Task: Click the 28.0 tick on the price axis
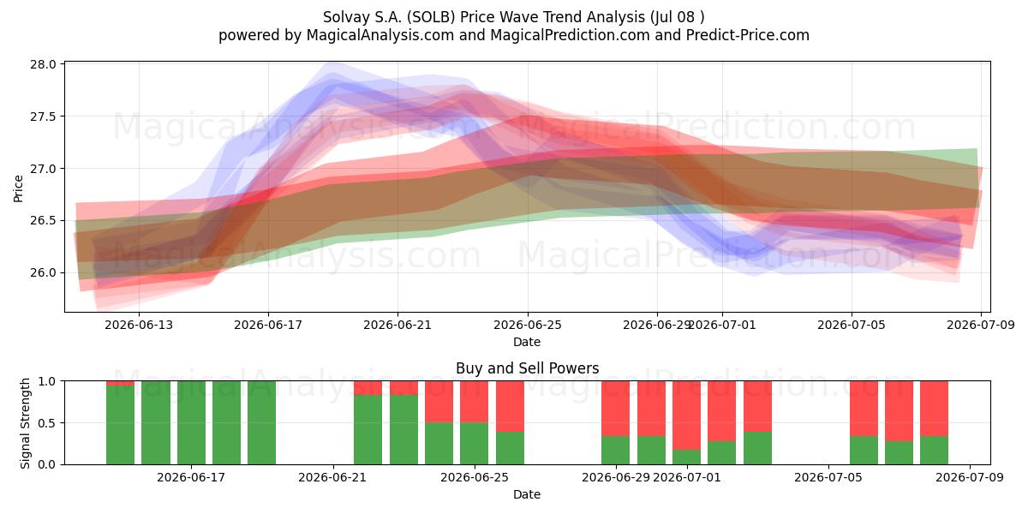[x=43, y=64]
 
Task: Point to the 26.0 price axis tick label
[x=43, y=272]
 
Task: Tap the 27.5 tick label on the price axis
[x=43, y=117]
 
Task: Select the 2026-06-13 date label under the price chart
[x=139, y=325]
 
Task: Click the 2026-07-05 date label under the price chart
[x=852, y=325]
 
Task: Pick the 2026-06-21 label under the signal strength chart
[x=332, y=478]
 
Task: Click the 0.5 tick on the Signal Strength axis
[x=47, y=422]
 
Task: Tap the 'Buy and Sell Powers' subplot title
[x=527, y=368]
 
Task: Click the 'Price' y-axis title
[x=18, y=188]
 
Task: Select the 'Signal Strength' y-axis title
[x=25, y=423]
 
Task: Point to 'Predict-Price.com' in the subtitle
[x=748, y=35]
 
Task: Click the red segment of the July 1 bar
[x=686, y=415]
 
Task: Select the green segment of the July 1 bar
[x=686, y=457]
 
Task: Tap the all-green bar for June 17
[x=191, y=422]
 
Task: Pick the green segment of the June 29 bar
[x=616, y=451]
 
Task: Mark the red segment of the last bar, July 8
[x=934, y=409]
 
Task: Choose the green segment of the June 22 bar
[x=368, y=429]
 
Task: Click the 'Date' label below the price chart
[x=527, y=342]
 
